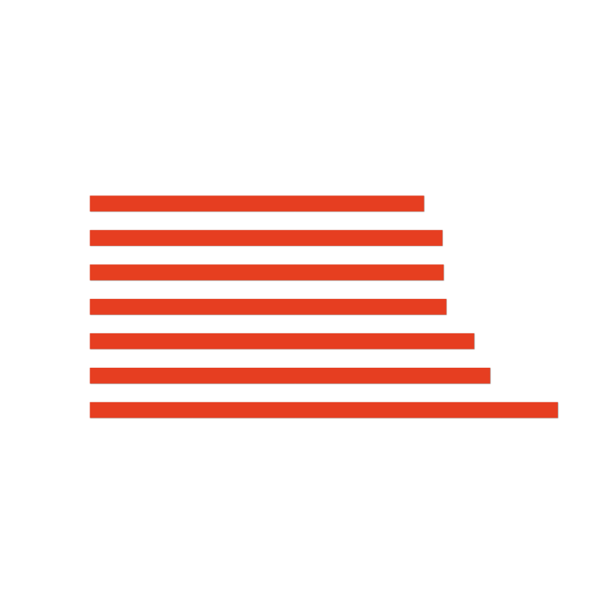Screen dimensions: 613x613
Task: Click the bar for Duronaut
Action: point(257,204)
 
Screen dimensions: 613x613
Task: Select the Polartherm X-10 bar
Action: point(266,238)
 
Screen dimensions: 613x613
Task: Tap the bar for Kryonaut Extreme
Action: point(267,272)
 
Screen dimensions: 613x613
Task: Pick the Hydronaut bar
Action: point(282,341)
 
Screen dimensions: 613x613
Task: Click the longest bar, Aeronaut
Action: point(323,410)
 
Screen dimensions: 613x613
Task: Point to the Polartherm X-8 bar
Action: point(290,375)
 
